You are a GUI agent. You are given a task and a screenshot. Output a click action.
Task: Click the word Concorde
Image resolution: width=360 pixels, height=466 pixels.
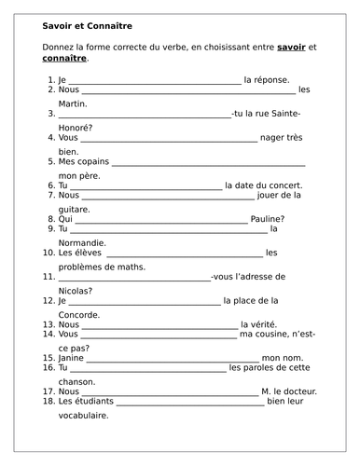[70, 312]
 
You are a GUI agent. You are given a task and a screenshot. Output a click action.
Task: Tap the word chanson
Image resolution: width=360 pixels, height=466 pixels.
[66, 380]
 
